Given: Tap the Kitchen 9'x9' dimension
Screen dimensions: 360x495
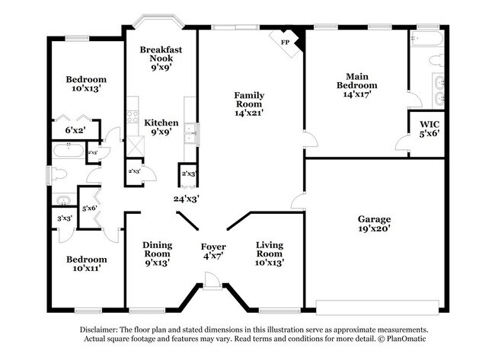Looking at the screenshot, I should (161, 132).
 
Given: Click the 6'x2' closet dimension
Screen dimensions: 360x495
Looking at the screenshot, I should (75, 131).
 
